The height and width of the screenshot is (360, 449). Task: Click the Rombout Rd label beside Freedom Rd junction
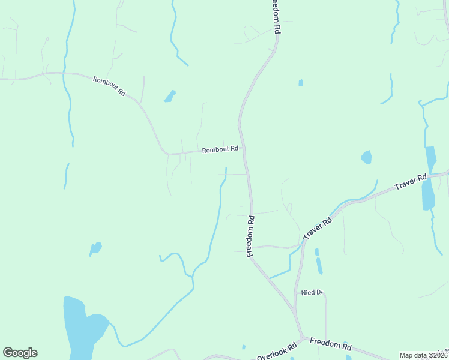pos(220,149)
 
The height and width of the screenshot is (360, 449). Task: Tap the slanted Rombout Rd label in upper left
pos(109,85)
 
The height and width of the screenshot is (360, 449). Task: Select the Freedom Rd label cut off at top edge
pos(276,16)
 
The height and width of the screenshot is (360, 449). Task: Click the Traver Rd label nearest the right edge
pos(411,182)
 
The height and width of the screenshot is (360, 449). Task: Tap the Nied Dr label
pos(312,292)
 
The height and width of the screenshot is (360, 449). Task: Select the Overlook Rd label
pos(277,352)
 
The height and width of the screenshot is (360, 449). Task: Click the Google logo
pos(20,353)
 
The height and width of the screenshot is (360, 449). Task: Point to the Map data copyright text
pos(424,355)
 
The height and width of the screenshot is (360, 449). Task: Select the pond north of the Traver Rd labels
pos(366,157)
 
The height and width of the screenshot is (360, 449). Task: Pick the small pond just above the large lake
pos(95,248)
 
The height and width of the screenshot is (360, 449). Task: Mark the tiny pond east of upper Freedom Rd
pos(301,83)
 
